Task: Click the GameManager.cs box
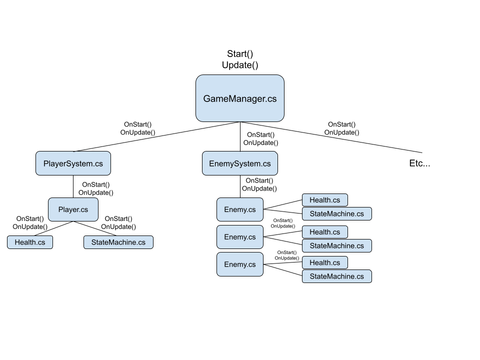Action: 240,98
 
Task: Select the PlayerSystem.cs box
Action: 73,163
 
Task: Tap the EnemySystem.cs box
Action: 240,163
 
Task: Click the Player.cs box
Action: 73,209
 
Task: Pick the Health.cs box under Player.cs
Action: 30,242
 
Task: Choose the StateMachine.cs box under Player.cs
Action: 118,242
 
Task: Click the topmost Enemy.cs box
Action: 240,209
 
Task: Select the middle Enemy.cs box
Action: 240,237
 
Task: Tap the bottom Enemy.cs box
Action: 240,264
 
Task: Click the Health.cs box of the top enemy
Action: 325,200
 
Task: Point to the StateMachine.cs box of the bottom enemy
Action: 336,276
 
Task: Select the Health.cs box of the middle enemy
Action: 325,232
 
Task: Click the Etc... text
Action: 419,163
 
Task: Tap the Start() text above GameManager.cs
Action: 240,54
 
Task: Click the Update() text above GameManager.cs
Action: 240,65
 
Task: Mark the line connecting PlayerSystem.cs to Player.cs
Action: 73,186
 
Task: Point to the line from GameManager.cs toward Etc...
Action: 331,137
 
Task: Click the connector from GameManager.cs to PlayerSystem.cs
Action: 156,136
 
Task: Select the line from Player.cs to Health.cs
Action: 53,228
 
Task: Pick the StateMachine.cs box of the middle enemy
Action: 336,245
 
